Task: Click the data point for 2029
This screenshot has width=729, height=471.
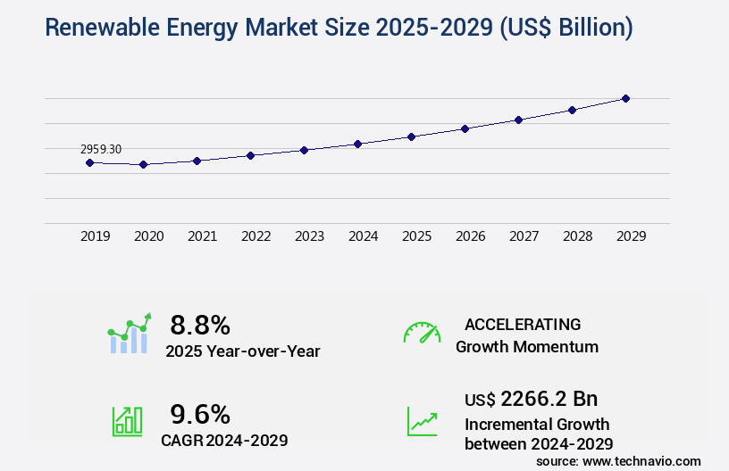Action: [x=625, y=98]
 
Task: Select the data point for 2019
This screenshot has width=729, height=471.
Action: [x=89, y=162]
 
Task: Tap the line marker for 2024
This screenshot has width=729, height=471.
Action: [x=357, y=144]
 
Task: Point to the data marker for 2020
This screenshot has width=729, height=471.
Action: [x=143, y=164]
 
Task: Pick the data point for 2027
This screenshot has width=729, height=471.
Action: [x=518, y=120]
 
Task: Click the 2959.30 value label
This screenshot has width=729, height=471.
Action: [x=101, y=149]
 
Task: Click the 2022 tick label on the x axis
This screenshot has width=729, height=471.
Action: [x=256, y=236]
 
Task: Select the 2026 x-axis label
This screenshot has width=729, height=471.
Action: [x=470, y=236]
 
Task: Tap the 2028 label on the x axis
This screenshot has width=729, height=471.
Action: [x=577, y=236]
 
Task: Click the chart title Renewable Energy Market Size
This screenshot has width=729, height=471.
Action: [x=339, y=28]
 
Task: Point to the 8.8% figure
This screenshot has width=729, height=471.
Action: [x=200, y=324]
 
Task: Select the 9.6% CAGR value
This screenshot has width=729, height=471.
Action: [x=200, y=414]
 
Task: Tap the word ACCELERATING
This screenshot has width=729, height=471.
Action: [x=523, y=324]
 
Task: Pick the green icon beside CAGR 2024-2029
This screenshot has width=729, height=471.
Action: [x=127, y=421]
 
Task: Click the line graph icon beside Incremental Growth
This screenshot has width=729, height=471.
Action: [x=422, y=421]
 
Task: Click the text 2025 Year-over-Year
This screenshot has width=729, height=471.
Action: [x=242, y=351]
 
